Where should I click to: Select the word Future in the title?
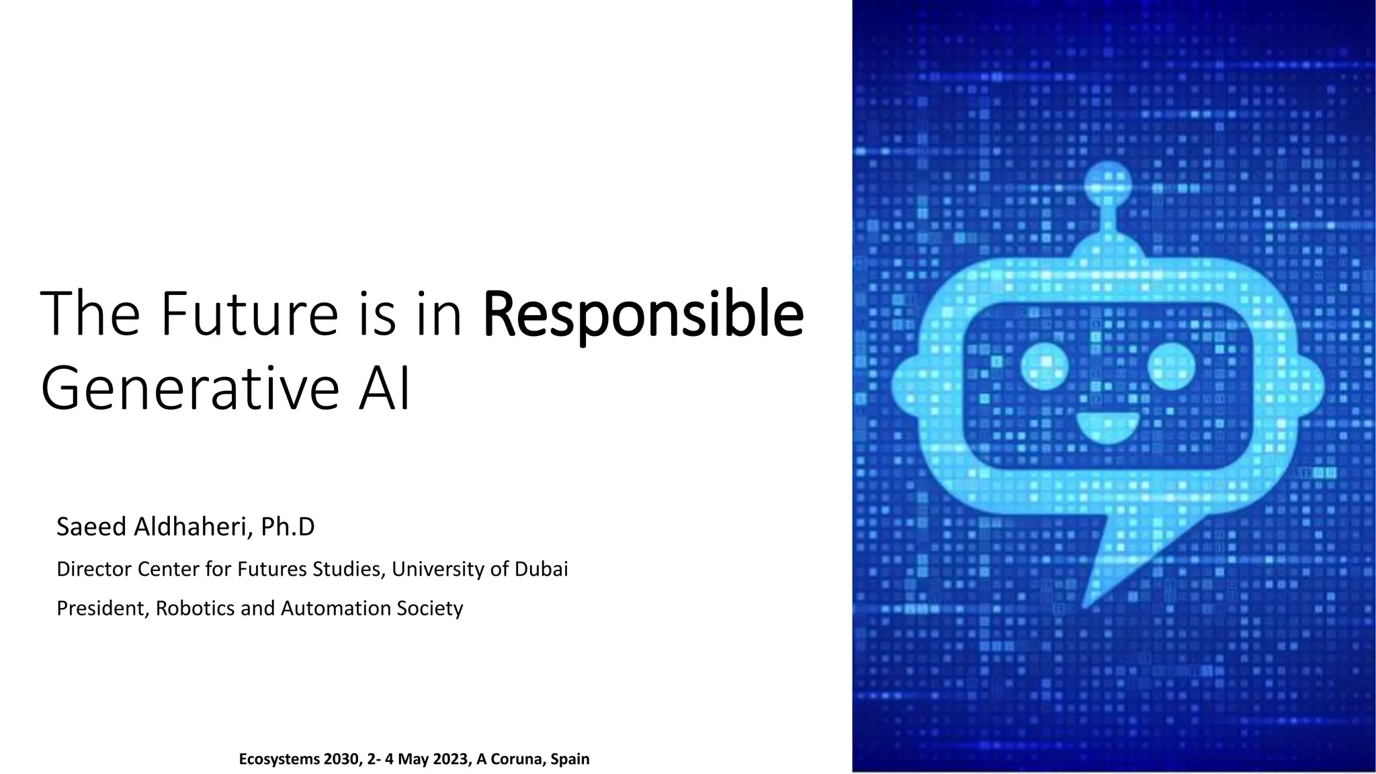[249, 314]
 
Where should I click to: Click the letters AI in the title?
[384, 389]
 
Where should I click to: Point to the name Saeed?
[91, 527]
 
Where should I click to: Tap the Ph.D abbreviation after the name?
[288, 527]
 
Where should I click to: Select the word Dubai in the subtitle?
[541, 569]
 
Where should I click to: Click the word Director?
[95, 569]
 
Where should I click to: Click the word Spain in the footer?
[570, 759]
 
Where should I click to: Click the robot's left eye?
[1045, 366]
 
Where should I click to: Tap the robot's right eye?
[1171, 366]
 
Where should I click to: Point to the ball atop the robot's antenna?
[1108, 183]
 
